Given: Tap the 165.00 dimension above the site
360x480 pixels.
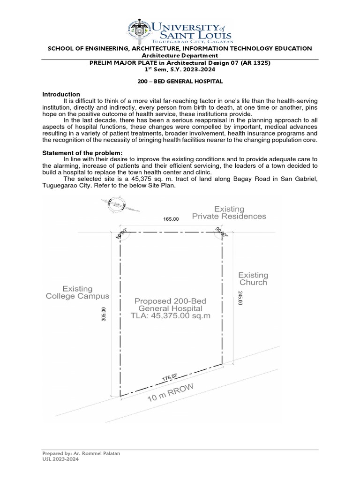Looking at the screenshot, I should click(x=171, y=219).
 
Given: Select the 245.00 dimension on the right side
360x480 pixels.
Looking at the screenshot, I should click(x=240, y=298).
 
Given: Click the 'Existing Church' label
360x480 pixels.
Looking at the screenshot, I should click(x=253, y=279).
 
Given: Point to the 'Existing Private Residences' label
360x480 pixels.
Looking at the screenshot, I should click(x=229, y=212).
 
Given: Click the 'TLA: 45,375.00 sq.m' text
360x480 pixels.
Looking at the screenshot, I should click(x=171, y=316).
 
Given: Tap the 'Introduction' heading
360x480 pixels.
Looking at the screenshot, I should click(x=61, y=94).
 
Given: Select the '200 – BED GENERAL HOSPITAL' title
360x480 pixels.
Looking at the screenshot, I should click(x=180, y=82).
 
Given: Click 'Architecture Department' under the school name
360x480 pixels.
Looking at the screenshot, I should click(x=180, y=56).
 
